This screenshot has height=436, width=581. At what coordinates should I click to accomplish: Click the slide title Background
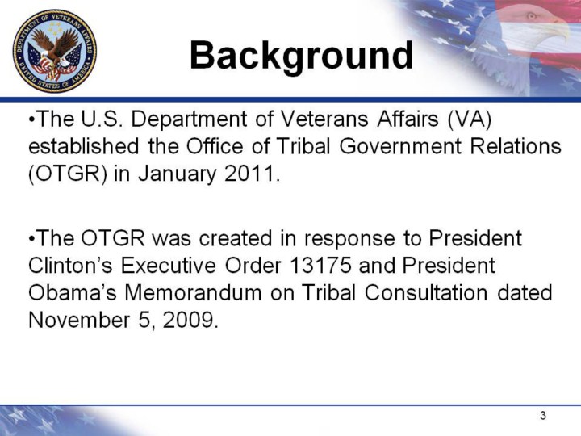[301, 56]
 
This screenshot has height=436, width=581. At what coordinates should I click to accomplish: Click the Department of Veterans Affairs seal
[55, 51]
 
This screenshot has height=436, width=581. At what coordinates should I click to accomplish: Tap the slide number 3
[543, 416]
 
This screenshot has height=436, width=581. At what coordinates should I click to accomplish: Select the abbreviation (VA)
[470, 119]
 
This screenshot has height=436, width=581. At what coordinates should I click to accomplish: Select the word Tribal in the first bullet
[303, 146]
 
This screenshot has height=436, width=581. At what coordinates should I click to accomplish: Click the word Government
[400, 146]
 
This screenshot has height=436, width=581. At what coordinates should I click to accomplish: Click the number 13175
[320, 265]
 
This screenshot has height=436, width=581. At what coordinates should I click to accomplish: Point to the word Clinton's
[70, 265]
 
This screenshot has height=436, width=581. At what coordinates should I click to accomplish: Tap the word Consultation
[426, 292]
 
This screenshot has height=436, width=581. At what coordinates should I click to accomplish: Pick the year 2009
[188, 320]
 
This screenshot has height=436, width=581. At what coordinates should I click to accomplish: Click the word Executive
[168, 265]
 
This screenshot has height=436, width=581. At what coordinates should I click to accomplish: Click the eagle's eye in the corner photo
[531, 16]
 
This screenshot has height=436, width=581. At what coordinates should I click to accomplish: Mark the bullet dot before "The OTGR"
[31, 239]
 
